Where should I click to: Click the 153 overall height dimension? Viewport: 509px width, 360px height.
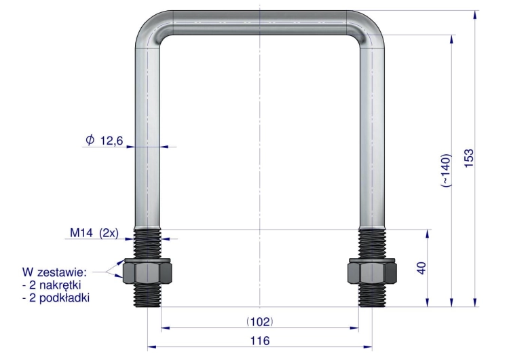pyautogui.click(x=469, y=158)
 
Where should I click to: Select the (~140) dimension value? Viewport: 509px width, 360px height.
pyautogui.click(x=446, y=170)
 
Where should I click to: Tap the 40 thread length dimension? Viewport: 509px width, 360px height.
pyautogui.click(x=421, y=268)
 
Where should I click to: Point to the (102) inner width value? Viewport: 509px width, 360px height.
pyautogui.click(x=260, y=322)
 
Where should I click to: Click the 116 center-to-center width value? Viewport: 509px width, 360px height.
pyautogui.click(x=260, y=340)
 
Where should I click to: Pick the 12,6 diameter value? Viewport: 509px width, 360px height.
pyautogui.click(x=112, y=141)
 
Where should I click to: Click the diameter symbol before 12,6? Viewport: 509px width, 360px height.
pyautogui.click(x=90, y=140)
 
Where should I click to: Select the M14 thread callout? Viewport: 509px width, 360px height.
pyautogui.click(x=81, y=232)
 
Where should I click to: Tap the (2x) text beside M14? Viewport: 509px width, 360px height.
pyautogui.click(x=109, y=233)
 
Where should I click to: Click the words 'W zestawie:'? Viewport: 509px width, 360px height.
pyautogui.click(x=54, y=272)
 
